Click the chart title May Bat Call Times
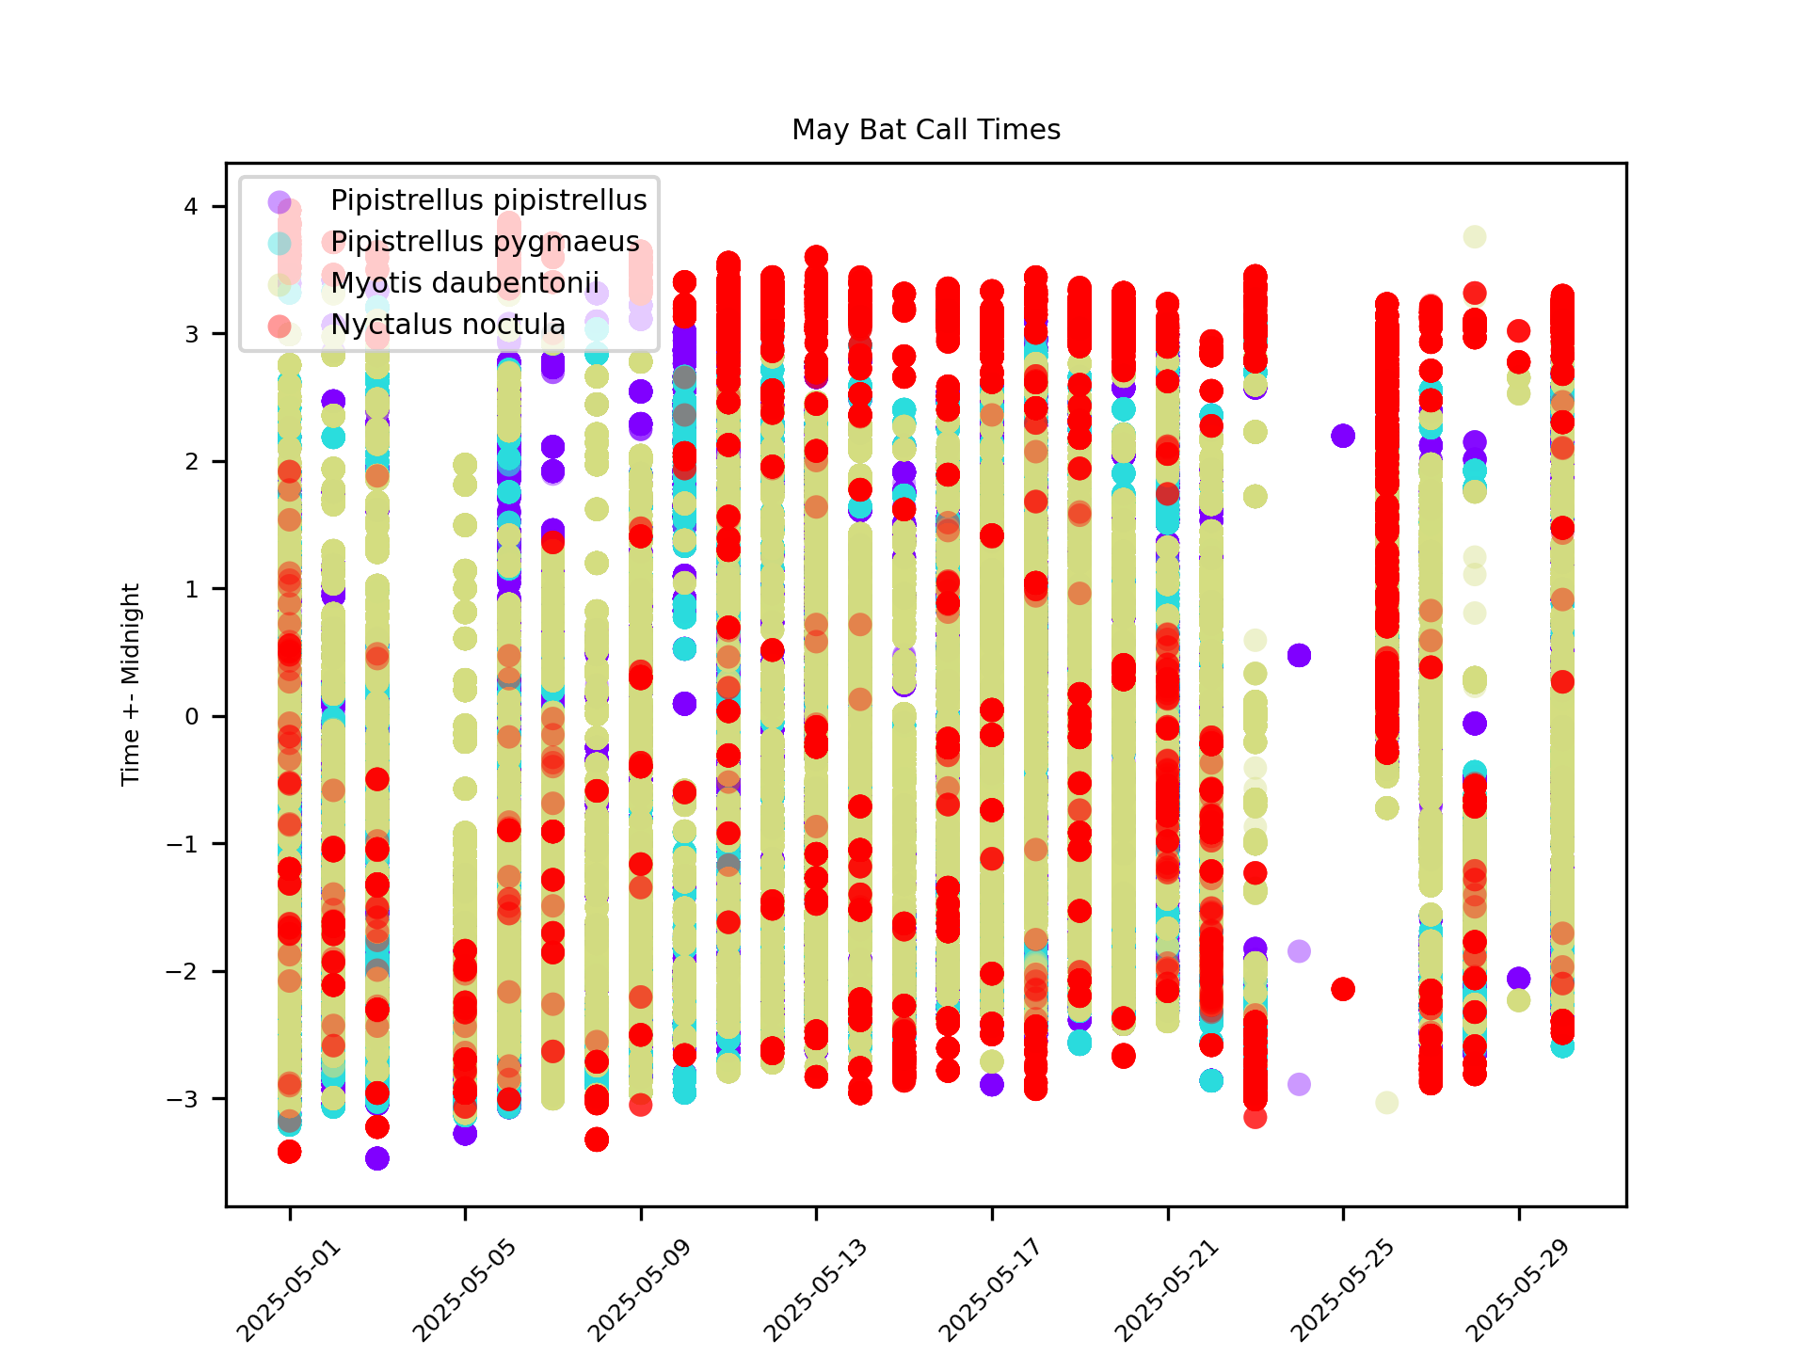click(x=926, y=130)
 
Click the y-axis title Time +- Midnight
click(x=131, y=684)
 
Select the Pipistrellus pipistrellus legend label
click(x=488, y=200)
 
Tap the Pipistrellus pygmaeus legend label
click(x=485, y=242)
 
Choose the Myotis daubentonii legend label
click(x=465, y=283)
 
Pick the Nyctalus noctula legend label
click(x=448, y=325)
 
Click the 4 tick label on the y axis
click(x=192, y=207)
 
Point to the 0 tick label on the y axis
click(x=192, y=717)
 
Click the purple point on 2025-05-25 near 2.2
click(x=1343, y=436)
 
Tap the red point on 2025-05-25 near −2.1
click(x=1343, y=989)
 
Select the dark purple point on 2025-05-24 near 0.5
click(x=1299, y=655)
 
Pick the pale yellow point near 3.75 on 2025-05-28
click(x=1475, y=237)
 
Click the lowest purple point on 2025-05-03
click(x=377, y=1158)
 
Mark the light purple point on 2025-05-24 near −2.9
click(x=1299, y=1084)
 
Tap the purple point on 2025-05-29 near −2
click(x=1518, y=979)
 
